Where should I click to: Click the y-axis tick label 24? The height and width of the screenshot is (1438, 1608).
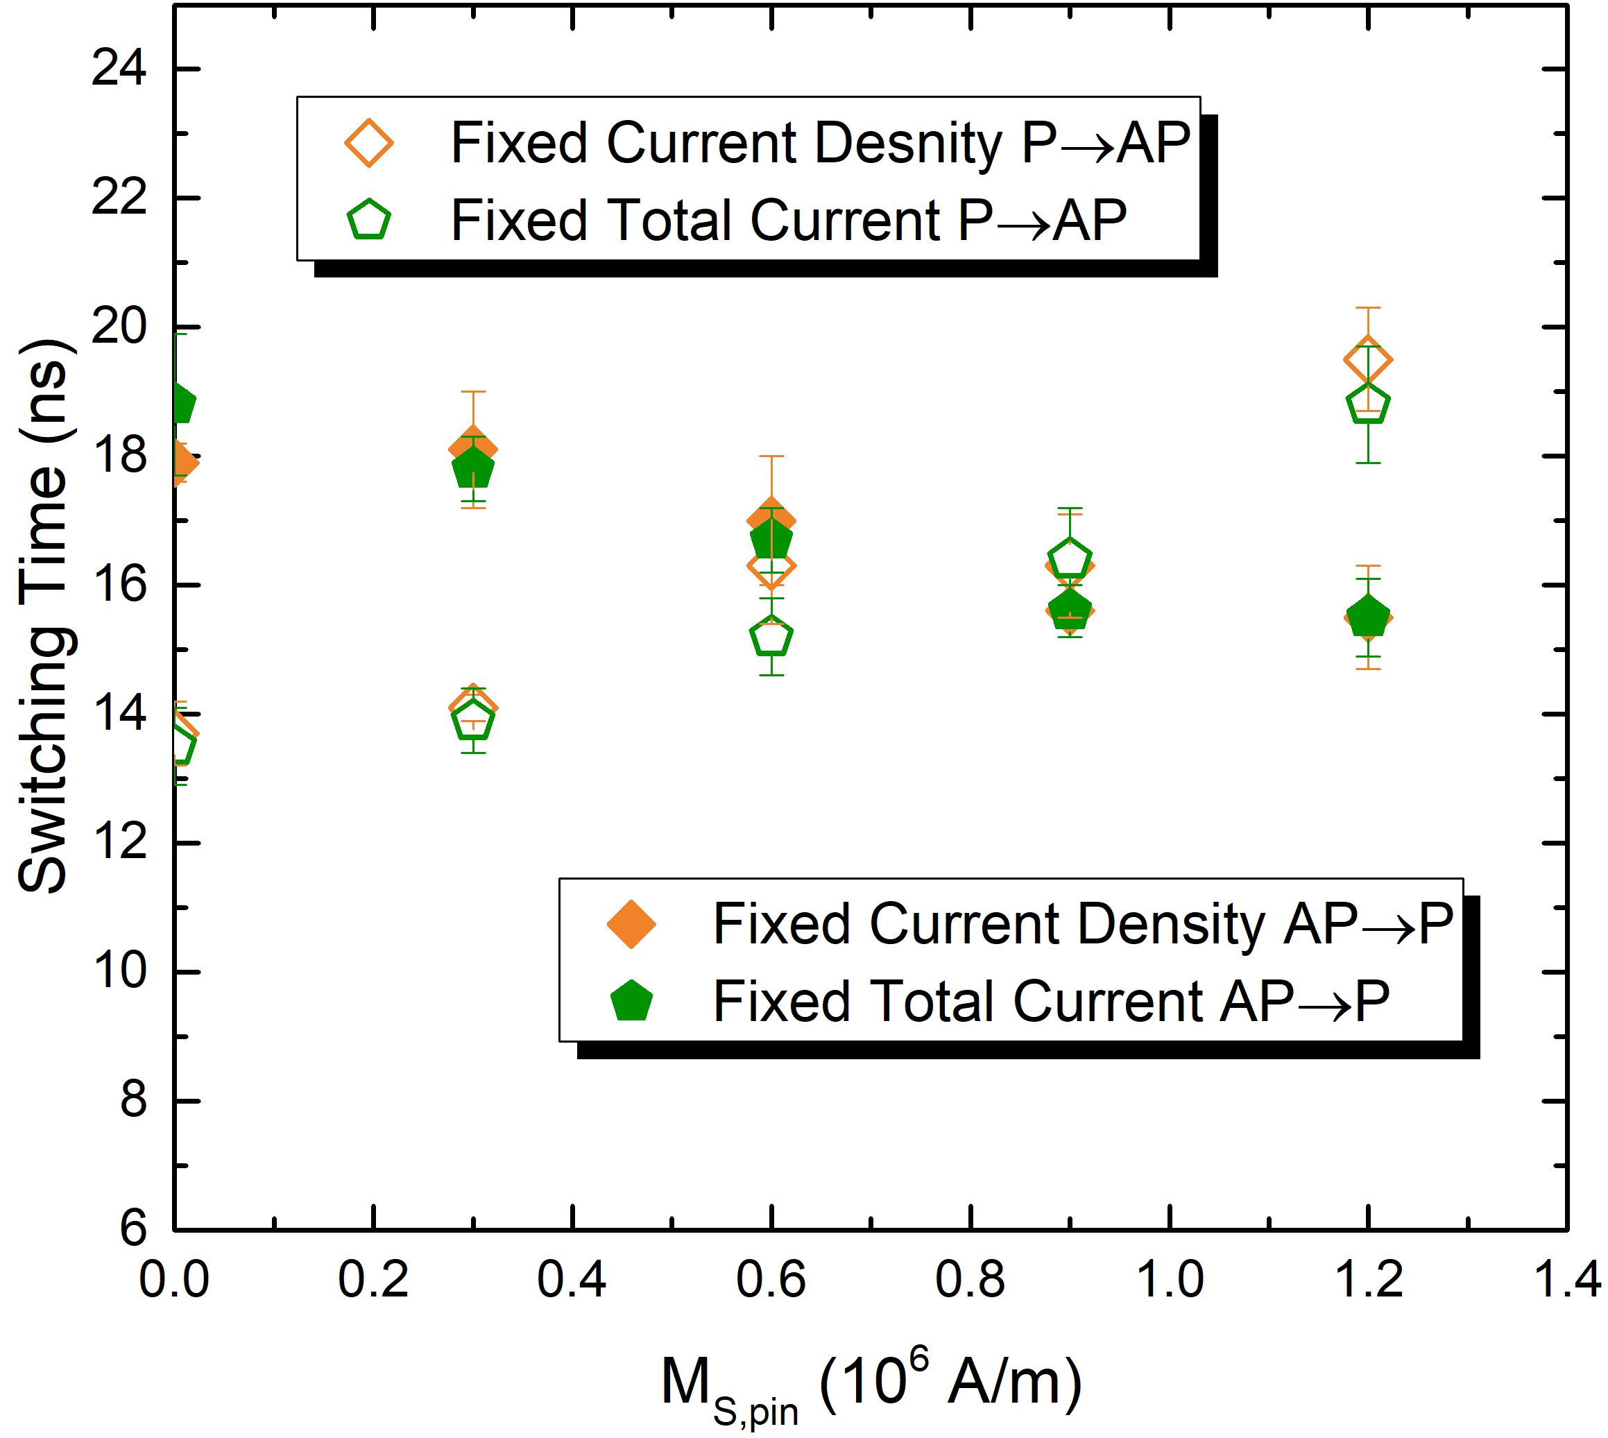click(x=119, y=68)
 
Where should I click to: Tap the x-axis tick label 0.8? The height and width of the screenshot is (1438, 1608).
click(x=970, y=1279)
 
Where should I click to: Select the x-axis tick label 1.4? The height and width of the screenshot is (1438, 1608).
click(x=1567, y=1279)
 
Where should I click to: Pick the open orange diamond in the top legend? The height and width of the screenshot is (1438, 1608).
click(x=369, y=143)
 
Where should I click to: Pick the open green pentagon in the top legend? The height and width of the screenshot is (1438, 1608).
click(x=369, y=221)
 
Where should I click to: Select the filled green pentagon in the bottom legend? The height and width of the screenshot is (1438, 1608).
click(x=631, y=1001)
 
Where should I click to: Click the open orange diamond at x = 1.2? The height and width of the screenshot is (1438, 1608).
click(x=1369, y=359)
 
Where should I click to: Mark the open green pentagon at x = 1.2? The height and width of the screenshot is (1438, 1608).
click(x=1369, y=404)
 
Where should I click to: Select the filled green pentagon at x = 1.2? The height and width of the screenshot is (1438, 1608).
click(x=1369, y=616)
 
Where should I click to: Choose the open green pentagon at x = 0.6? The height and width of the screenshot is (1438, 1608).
click(x=771, y=637)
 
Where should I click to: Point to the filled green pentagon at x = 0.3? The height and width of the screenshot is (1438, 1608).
click(x=473, y=468)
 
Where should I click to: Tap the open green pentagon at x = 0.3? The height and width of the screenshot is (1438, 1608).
click(x=473, y=721)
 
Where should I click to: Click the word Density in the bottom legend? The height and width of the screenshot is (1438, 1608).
click(x=1170, y=924)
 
